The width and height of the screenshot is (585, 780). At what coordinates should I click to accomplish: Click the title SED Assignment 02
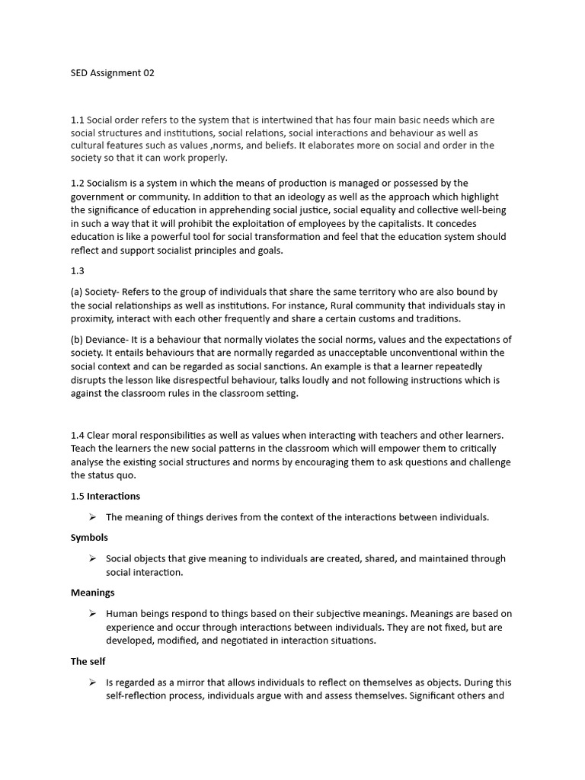tap(113, 73)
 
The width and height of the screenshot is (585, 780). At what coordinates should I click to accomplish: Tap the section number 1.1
tap(78, 120)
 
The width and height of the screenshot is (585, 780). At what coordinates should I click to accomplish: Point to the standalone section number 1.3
tap(78, 271)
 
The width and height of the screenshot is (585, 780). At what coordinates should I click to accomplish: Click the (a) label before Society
tap(78, 292)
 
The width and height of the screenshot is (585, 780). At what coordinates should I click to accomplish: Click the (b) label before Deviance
tap(78, 339)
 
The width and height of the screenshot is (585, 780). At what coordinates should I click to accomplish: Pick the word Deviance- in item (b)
tap(116, 339)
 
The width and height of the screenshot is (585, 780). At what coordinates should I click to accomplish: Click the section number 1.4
tap(78, 435)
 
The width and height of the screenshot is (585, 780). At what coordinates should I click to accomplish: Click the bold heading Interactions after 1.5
tap(113, 496)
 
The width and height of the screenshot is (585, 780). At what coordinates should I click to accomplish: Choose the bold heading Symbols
tap(90, 537)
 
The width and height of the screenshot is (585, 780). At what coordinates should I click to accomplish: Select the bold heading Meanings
tap(93, 592)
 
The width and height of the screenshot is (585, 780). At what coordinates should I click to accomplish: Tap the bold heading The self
tap(88, 661)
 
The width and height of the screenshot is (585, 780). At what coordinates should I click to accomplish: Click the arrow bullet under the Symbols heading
tap(92, 558)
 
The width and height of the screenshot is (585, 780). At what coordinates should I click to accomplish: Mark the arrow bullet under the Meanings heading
tap(92, 613)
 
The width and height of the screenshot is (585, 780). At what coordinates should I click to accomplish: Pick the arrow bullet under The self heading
tap(92, 682)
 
